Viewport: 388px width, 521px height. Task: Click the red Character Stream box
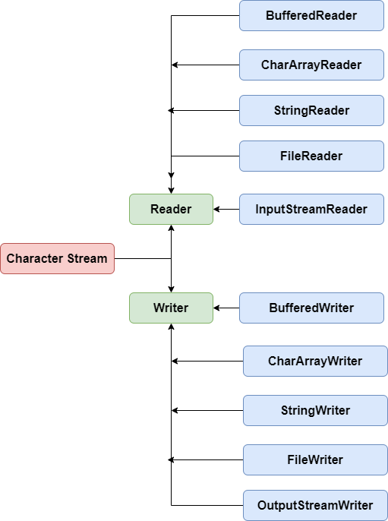click(x=58, y=258)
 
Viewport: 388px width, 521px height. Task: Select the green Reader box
click(x=171, y=209)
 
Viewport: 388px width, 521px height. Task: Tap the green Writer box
click(x=171, y=308)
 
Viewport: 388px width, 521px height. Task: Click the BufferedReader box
click(x=311, y=15)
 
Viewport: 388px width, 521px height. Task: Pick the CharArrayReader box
click(x=311, y=65)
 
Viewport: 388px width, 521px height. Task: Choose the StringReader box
click(x=311, y=110)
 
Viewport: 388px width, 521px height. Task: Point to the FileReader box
click(x=311, y=156)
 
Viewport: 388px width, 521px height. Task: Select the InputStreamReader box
click(x=311, y=209)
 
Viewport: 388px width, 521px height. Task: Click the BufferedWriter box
click(x=311, y=308)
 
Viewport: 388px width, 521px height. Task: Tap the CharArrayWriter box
click(x=315, y=361)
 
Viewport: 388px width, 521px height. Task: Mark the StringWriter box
click(x=315, y=410)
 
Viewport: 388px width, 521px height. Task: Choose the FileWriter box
click(x=315, y=459)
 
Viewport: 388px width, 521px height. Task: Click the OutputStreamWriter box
click(x=315, y=505)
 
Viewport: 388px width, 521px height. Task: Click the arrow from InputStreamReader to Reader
click(x=226, y=209)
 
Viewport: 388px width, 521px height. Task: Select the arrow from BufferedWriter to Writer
click(x=226, y=308)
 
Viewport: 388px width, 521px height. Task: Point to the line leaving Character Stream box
click(x=143, y=258)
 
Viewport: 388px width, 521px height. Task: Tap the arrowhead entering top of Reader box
click(x=172, y=190)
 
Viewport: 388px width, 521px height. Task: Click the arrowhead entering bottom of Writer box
click(x=172, y=327)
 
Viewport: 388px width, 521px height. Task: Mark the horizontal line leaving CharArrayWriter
click(x=209, y=361)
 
